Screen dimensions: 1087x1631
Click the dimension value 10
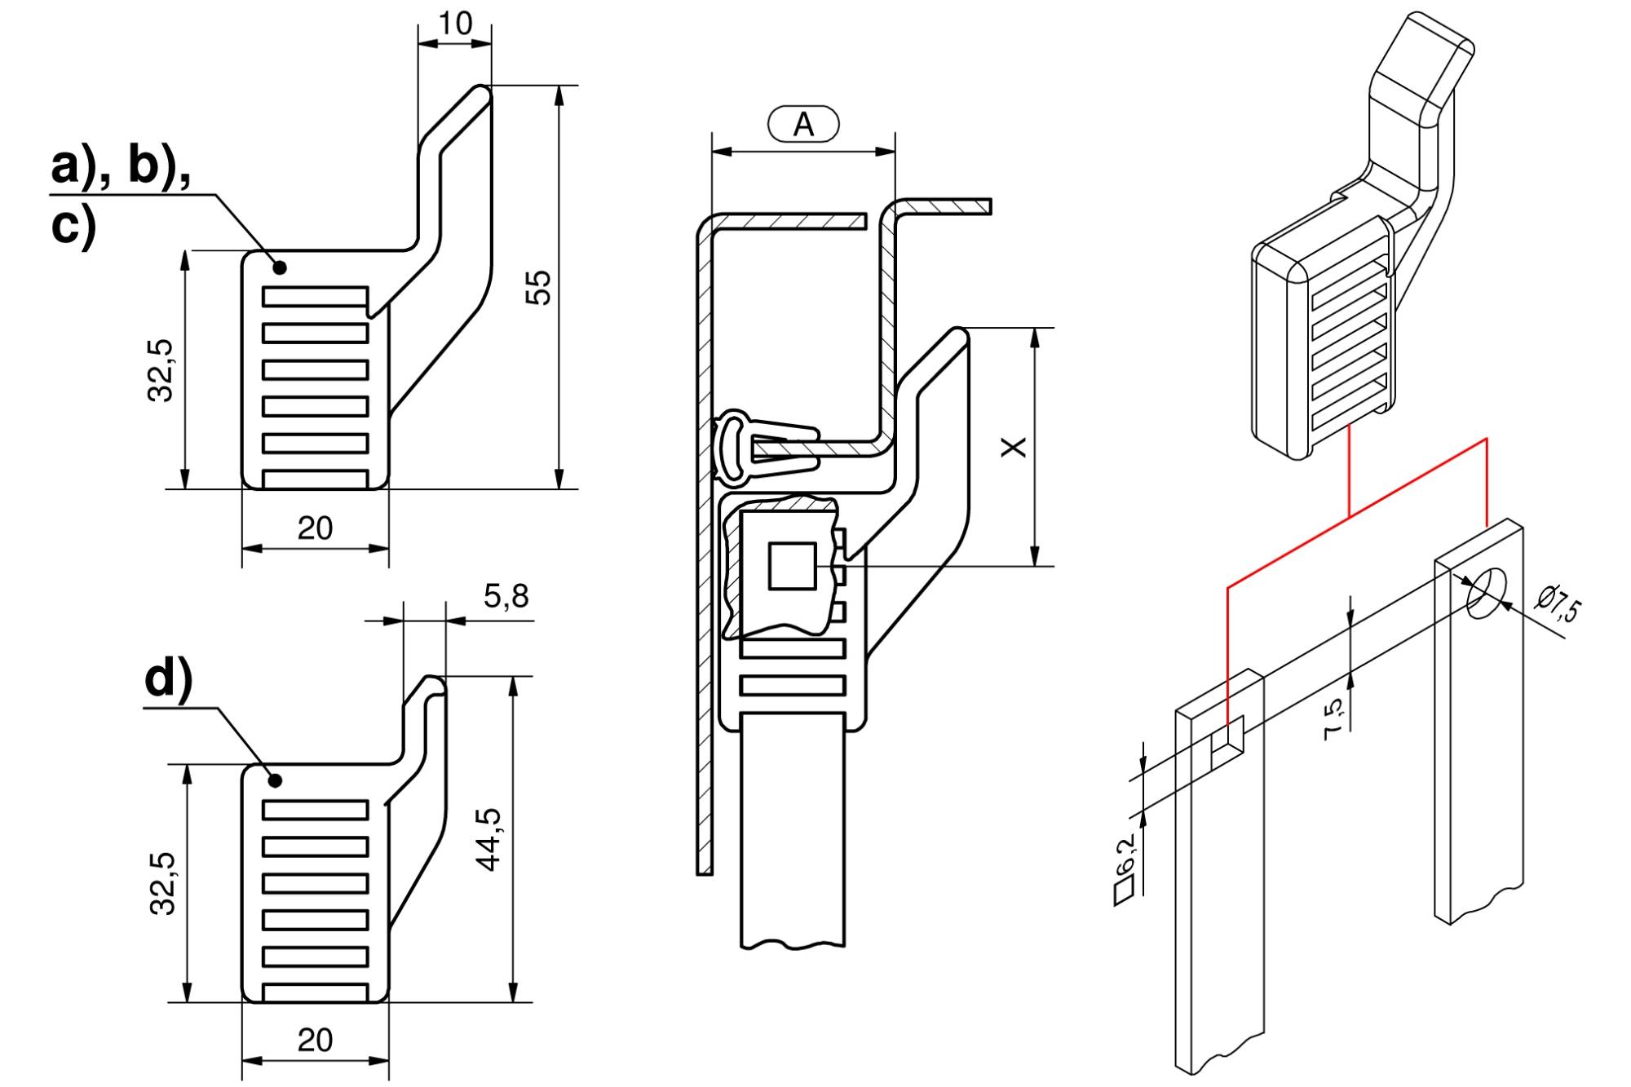click(x=455, y=24)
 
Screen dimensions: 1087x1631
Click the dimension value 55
click(x=538, y=287)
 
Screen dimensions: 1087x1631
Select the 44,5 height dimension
click(x=489, y=840)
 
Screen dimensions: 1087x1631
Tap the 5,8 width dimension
click(x=506, y=597)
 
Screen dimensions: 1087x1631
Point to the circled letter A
click(x=803, y=125)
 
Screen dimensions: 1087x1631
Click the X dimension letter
click(x=1014, y=447)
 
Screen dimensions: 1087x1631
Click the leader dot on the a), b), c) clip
click(x=280, y=267)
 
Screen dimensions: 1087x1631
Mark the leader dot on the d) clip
click(x=276, y=781)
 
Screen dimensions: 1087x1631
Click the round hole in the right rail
click(x=1486, y=593)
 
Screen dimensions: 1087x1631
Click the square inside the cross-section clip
click(x=792, y=566)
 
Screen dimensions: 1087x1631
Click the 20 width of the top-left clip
click(x=315, y=529)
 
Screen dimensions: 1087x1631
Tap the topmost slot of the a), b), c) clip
click(x=315, y=297)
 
